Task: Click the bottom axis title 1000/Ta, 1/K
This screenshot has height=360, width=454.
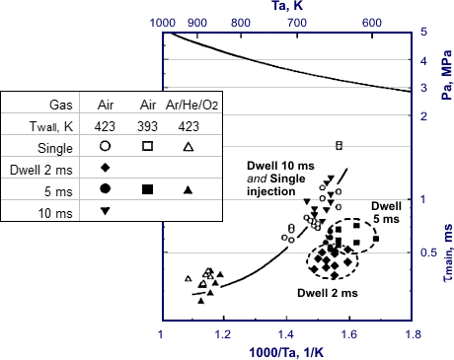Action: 286,351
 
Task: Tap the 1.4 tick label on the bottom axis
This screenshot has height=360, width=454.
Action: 286,333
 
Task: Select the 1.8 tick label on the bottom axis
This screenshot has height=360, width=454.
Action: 410,333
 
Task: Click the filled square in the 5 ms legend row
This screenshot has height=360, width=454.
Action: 147,188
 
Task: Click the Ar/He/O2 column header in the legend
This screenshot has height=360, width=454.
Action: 189,105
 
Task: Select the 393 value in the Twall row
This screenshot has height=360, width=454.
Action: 147,126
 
